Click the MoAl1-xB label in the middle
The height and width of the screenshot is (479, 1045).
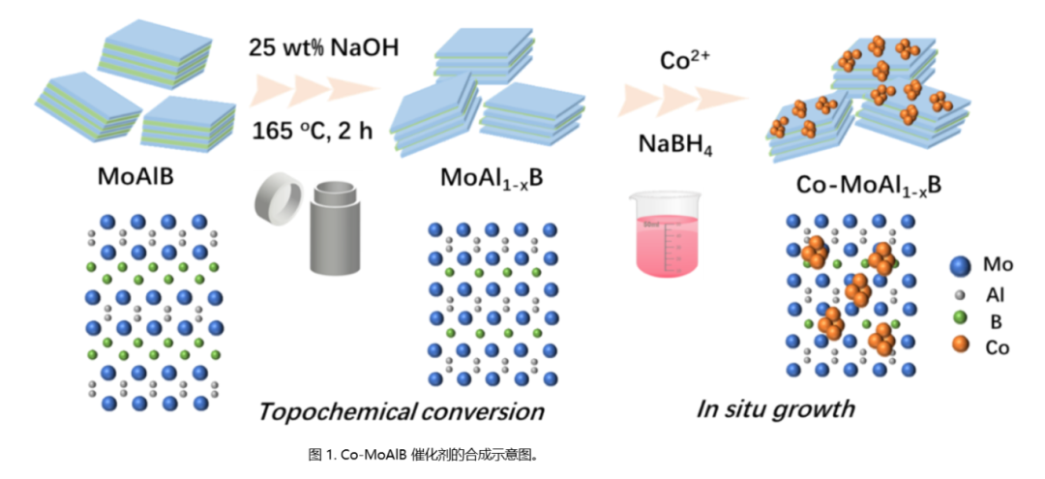[x=489, y=179]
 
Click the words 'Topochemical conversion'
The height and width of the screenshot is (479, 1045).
[x=401, y=410]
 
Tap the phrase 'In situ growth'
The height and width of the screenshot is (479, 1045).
[x=775, y=407]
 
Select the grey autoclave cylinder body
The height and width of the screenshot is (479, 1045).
[x=339, y=230]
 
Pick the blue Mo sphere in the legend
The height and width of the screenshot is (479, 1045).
[x=959, y=265]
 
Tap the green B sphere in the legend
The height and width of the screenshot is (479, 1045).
[x=959, y=318]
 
